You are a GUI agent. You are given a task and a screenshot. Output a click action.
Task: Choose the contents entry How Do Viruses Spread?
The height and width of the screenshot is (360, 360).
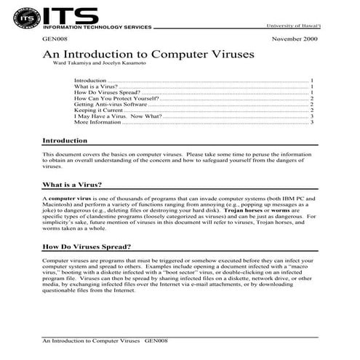tap(106, 92)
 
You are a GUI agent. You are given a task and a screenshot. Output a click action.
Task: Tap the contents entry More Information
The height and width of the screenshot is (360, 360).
tap(98, 121)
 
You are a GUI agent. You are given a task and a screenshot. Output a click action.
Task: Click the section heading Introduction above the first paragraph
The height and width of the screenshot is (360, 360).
tap(65, 140)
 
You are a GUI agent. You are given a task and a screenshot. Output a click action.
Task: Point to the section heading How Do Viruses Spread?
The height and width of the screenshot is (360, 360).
tap(87, 247)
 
